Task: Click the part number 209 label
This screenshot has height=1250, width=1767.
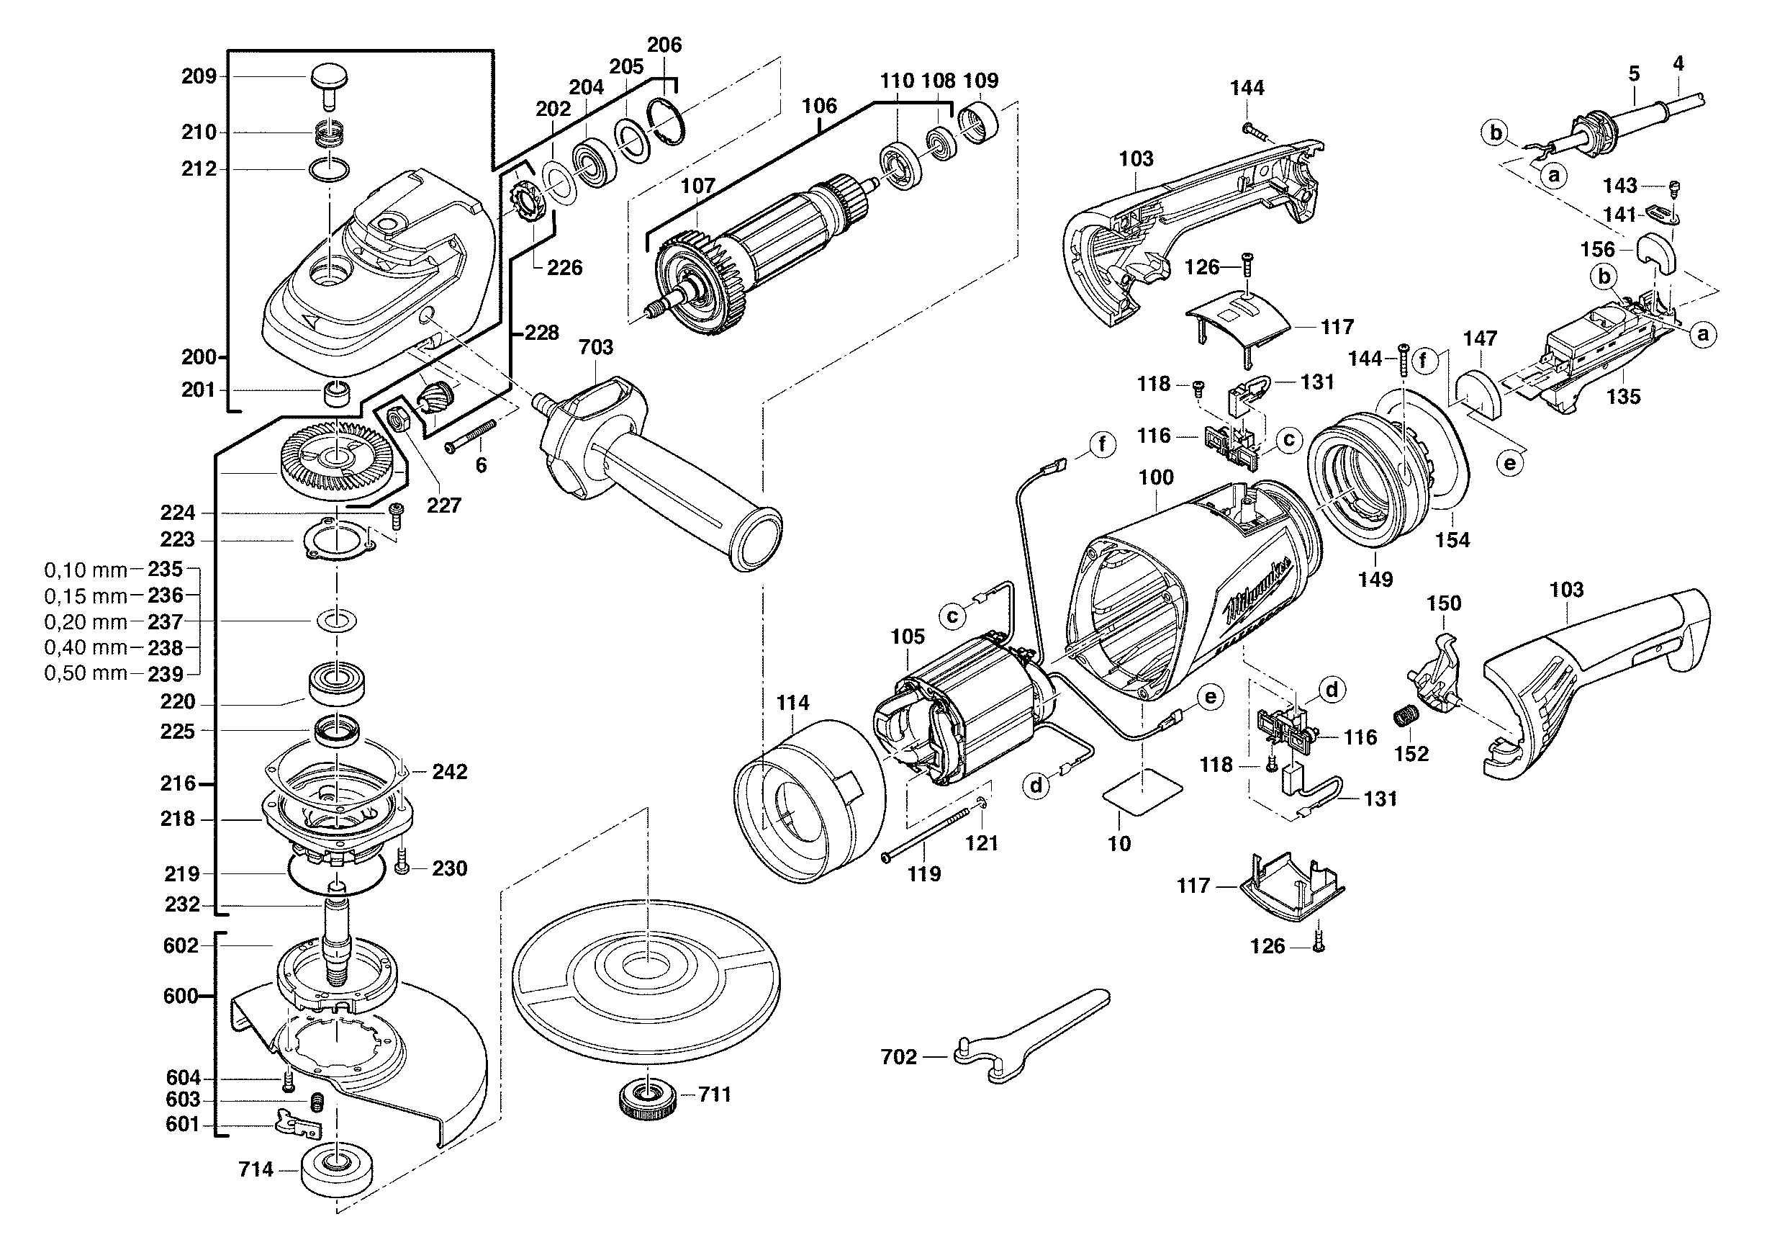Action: [x=199, y=76]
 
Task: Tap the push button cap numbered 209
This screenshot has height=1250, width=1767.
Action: [x=330, y=79]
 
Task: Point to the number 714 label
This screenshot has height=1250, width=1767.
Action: [x=256, y=1170]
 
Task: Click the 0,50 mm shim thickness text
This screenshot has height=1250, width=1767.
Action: [x=86, y=673]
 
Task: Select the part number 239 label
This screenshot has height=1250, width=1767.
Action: [x=166, y=674]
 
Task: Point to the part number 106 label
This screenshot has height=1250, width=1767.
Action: [x=819, y=105]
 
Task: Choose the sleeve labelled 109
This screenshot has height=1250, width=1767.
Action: [x=977, y=124]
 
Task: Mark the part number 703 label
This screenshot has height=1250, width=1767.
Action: [x=596, y=347]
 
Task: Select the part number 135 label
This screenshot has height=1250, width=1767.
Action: [x=1623, y=397]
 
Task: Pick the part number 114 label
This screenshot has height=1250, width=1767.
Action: [x=792, y=703]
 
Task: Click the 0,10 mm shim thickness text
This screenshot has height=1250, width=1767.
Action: [x=86, y=570]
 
